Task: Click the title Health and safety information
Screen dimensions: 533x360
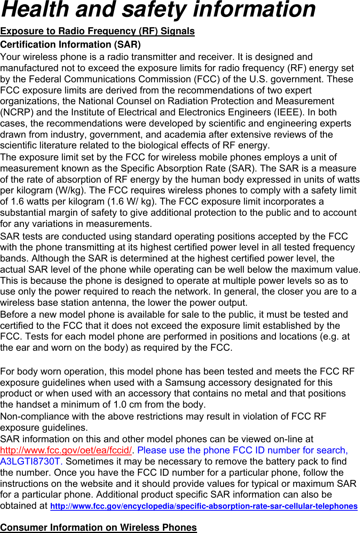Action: click(x=158, y=10)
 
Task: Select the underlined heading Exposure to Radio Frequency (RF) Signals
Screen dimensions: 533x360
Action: click(x=98, y=31)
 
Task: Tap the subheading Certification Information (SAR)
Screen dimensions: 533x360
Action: click(x=71, y=45)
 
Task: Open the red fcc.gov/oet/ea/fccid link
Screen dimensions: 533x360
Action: click(x=66, y=450)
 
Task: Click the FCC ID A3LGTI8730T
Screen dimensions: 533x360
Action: click(x=31, y=461)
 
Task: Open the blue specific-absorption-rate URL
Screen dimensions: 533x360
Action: click(x=204, y=506)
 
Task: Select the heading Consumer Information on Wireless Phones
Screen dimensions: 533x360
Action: click(x=98, y=528)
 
